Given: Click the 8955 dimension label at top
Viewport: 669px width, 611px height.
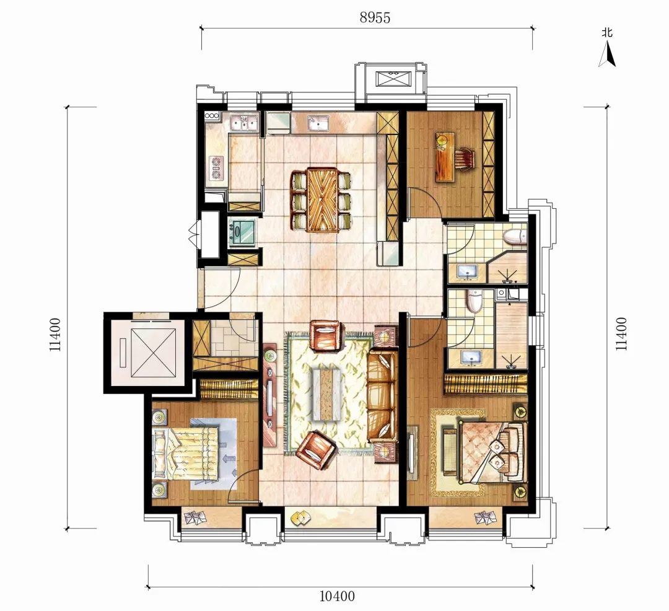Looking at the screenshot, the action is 375,17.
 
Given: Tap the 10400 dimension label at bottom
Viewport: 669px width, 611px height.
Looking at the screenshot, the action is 337,596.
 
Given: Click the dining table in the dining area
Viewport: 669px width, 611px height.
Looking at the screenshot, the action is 321,200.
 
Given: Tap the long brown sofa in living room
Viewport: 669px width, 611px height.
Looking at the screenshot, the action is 382,396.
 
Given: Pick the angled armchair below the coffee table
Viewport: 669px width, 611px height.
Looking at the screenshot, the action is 317,449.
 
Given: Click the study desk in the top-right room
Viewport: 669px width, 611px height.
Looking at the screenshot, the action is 445,157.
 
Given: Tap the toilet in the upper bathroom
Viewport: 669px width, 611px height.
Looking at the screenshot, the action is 515,237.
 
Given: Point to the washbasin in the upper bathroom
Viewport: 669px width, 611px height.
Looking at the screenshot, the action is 468,271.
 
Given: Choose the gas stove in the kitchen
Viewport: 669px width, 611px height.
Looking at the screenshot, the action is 216,167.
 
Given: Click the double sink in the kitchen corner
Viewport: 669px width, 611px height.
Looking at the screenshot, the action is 243,123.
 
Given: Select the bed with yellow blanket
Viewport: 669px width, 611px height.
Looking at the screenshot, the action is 186,454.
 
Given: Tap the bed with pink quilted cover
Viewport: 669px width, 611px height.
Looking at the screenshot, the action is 489,452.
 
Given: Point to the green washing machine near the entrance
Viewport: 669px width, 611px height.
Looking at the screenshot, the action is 242,232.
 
